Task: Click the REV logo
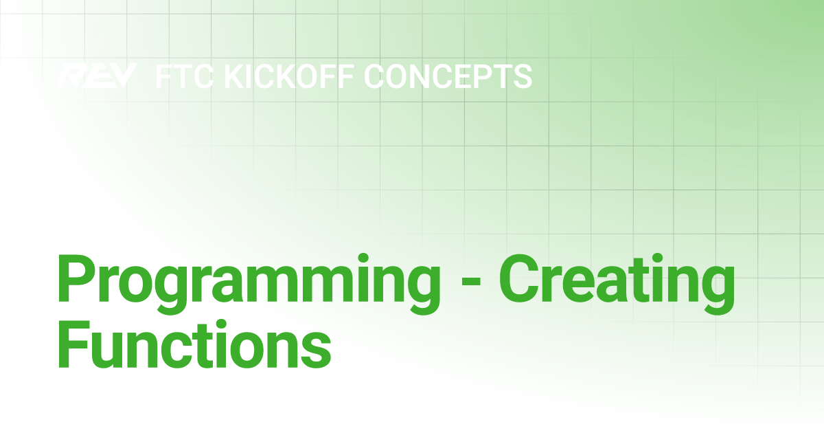tap(98, 76)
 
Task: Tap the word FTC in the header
tap(185, 76)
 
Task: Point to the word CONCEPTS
tap(448, 76)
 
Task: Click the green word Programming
tap(249, 283)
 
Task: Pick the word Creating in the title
tap(617, 283)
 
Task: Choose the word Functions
tap(194, 344)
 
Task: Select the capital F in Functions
tap(74, 344)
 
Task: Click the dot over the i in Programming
tap(363, 258)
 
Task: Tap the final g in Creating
tap(716, 291)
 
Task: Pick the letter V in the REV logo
tap(123, 76)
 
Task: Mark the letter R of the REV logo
tap(71, 76)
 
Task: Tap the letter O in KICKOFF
tap(309, 76)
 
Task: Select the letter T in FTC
tap(183, 76)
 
